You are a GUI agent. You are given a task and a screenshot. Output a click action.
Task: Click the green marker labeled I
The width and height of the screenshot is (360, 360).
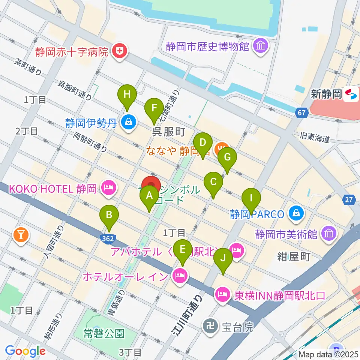coord(251,199)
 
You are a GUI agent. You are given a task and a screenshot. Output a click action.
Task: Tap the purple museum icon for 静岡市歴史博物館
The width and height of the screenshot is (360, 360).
coord(260,46)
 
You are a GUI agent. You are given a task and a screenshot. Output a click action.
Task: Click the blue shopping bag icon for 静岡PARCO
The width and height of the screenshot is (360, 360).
coord(296,214)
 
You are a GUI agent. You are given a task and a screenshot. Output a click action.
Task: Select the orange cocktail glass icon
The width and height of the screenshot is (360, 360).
coord(21,234)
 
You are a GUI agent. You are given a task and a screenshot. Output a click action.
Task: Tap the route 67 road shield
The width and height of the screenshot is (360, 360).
coord(302,112)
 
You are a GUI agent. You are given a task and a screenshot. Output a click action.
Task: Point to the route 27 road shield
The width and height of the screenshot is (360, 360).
coord(349,200)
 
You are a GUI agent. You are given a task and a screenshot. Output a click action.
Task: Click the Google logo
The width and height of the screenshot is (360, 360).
coord(25,351)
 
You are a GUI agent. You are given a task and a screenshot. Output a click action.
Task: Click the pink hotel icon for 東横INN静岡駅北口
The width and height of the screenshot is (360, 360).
coord(222,295)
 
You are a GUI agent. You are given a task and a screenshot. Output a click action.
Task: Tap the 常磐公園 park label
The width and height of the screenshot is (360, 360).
coord(104,333)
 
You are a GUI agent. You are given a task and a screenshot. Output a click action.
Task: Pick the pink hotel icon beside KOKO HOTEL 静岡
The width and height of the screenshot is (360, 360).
coord(109,188)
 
